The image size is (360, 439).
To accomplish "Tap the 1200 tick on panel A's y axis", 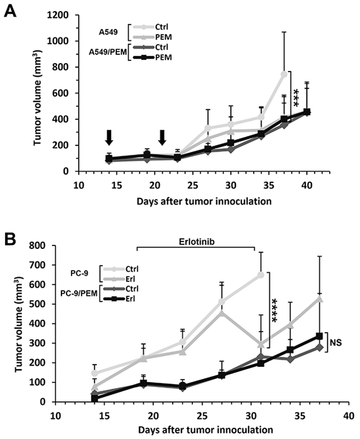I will click(56, 15).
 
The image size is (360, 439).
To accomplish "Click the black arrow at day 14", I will click(109, 137).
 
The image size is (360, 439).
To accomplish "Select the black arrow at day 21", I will click(162, 137).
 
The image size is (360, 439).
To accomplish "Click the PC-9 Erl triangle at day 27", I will click(222, 313).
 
